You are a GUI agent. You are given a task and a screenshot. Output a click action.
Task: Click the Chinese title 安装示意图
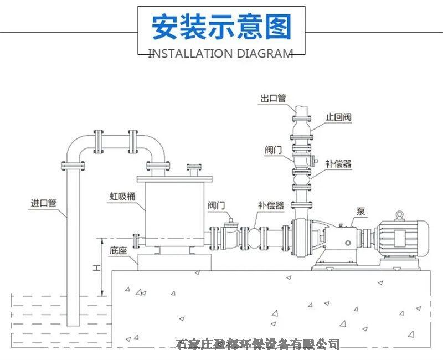coord(221,27)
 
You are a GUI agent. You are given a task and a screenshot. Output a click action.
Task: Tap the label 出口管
coord(273,99)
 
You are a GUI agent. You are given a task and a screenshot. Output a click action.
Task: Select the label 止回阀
coord(338,117)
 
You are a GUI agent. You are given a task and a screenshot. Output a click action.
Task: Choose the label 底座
coord(119,250)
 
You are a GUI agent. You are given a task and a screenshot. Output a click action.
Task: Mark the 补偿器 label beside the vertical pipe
coord(338,164)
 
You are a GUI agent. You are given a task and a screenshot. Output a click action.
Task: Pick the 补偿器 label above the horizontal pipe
coord(271,205)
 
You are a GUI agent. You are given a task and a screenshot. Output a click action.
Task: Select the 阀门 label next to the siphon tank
coord(217,205)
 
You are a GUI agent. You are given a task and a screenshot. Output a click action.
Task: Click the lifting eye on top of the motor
coord(400,214)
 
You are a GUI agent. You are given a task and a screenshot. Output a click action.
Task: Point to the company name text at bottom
coord(257,344)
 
